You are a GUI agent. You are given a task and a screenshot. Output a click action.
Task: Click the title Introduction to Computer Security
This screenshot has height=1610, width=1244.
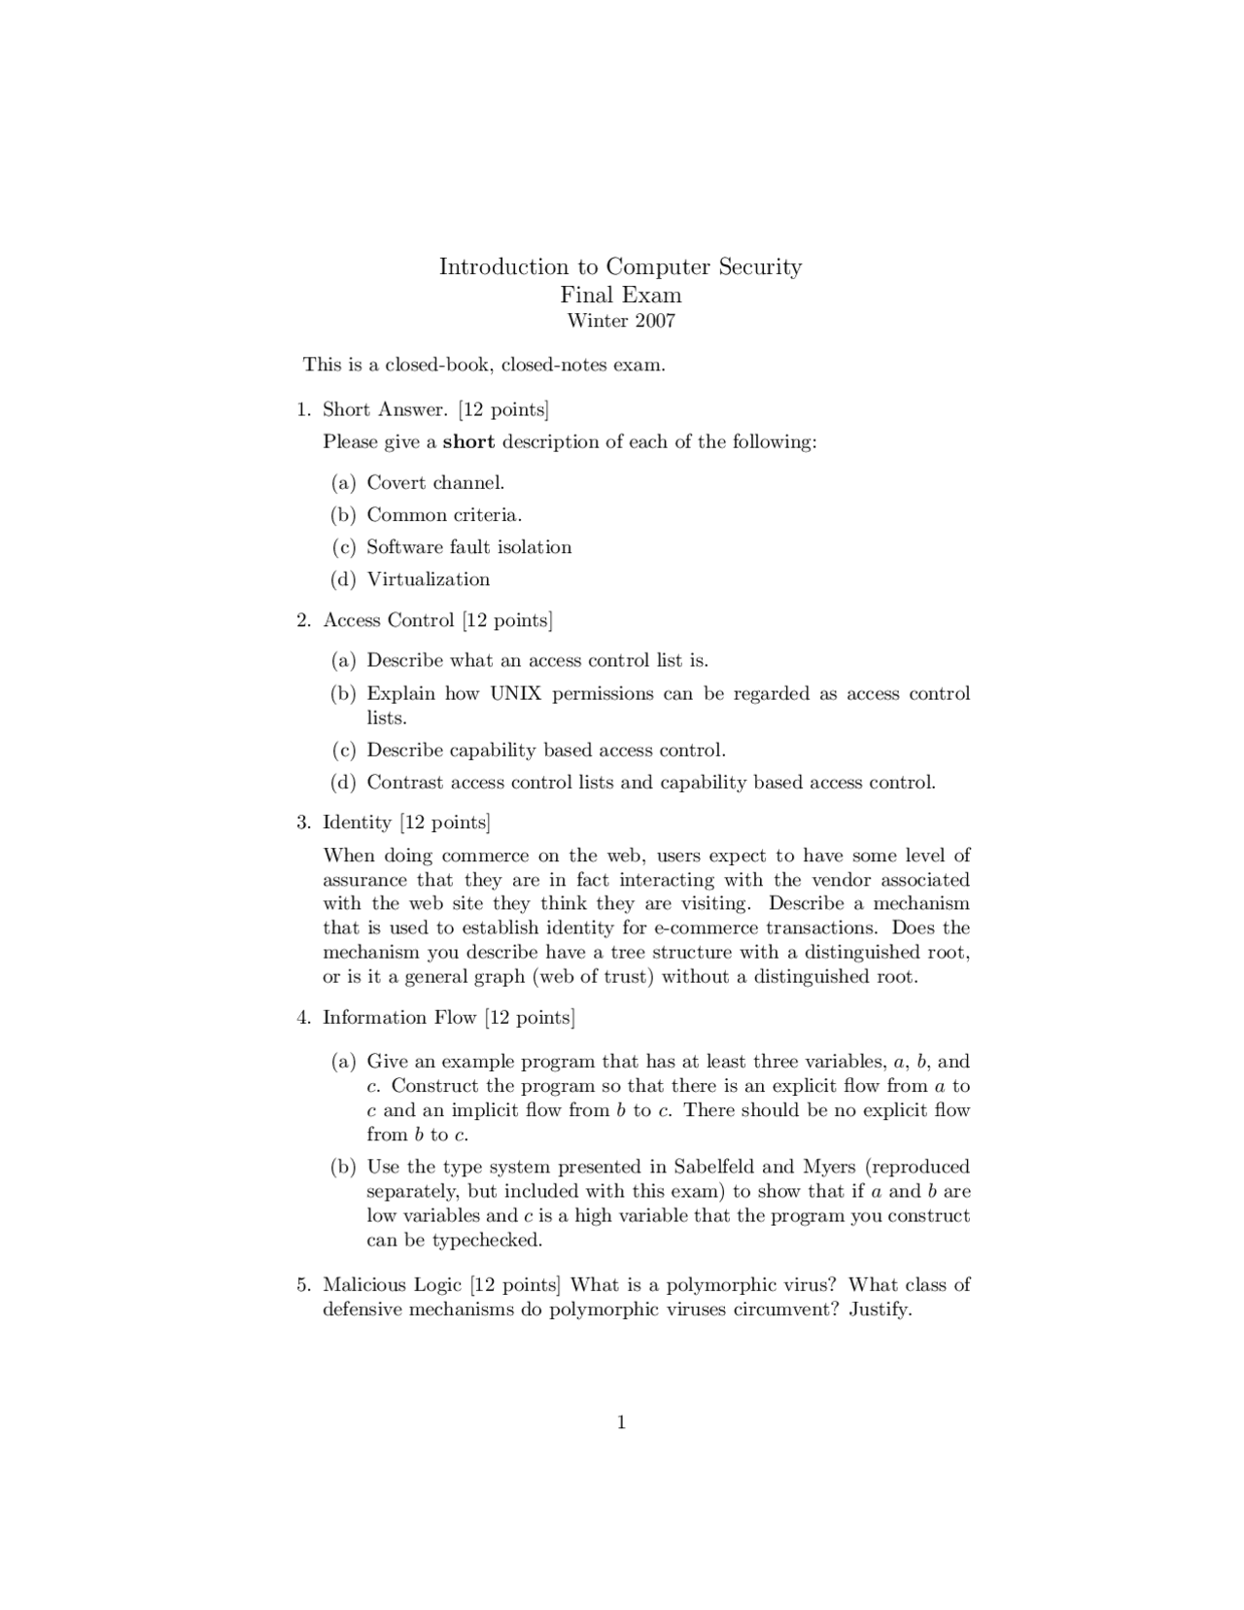(620, 266)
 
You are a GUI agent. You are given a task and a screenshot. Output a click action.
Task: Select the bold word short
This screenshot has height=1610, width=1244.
(468, 441)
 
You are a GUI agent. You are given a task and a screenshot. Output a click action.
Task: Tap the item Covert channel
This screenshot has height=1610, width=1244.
(435, 482)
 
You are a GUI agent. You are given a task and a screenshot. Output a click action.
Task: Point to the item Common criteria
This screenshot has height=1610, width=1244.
(444, 514)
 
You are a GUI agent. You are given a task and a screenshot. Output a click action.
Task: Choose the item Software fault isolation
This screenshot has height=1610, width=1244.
(468, 546)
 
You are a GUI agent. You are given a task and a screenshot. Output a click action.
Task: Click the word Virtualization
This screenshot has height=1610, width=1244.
(428, 578)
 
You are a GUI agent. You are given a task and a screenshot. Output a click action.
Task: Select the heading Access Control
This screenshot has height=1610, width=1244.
(389, 620)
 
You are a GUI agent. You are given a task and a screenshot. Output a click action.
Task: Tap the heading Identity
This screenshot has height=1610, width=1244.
(357, 822)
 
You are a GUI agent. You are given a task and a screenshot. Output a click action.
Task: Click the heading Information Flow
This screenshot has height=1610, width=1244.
(399, 1017)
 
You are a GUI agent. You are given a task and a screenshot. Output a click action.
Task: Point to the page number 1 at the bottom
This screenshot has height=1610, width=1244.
(621, 1423)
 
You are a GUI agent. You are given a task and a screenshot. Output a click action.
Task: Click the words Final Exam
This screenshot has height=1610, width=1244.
(621, 295)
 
